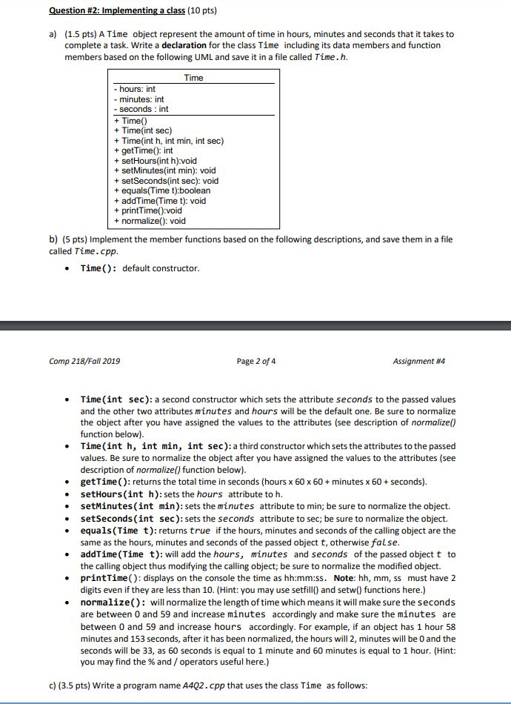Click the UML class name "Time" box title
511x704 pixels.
point(193,78)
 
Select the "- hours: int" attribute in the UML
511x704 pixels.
point(135,89)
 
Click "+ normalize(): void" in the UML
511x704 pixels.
point(149,220)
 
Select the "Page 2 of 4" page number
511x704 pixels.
point(255,361)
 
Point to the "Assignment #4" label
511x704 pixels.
point(419,361)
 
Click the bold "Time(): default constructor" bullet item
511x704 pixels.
point(140,268)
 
